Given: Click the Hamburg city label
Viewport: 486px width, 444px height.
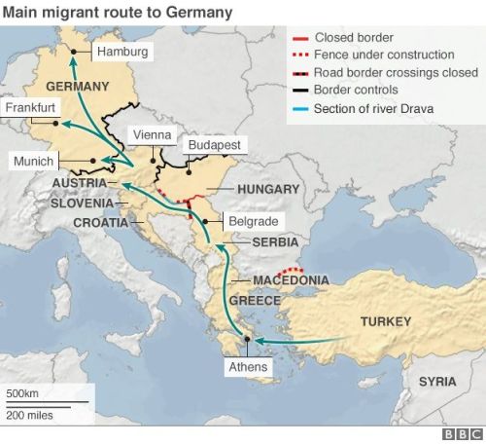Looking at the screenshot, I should coord(122,51).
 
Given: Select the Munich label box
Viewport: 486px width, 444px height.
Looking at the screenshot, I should coord(35,161).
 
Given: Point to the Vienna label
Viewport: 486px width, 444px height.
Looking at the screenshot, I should coord(153,134).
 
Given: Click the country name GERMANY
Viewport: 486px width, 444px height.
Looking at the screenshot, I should coord(77,85).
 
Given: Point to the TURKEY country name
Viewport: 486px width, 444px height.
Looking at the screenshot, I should coord(385,321).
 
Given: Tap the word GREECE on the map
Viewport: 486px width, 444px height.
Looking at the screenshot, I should coord(255,300).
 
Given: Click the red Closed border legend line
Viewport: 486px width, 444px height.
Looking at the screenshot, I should coord(299,37).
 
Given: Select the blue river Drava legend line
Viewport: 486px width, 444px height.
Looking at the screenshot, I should coord(299,107).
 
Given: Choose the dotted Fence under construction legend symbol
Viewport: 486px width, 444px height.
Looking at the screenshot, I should coord(299,55).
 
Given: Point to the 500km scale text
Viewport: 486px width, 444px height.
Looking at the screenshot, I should coord(22,394).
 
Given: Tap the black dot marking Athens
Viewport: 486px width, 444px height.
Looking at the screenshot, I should coord(248,339).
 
